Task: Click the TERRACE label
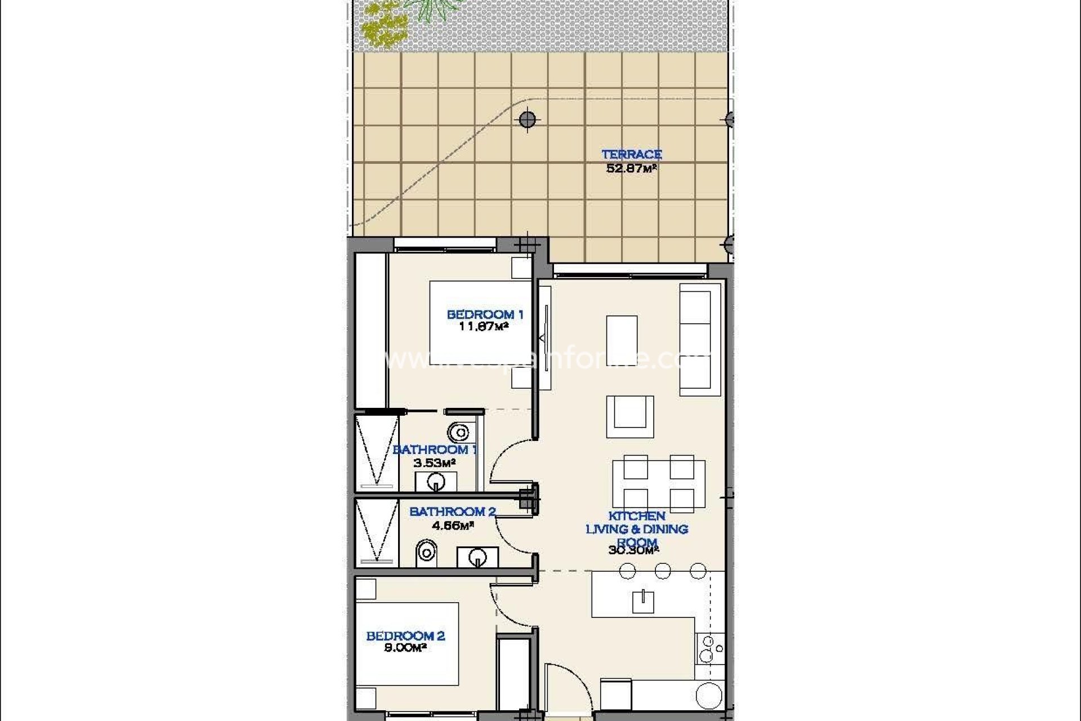[x=631, y=154]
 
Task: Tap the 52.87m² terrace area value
[x=631, y=168]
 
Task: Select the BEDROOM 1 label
[x=485, y=314]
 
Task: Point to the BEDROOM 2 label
[x=405, y=636]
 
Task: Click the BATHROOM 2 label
[x=452, y=511]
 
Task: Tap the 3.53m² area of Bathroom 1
[x=434, y=463]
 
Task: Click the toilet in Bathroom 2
[x=426, y=553]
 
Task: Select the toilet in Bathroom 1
[x=458, y=433]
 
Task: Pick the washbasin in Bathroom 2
[x=477, y=557]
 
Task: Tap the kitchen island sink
[x=642, y=601]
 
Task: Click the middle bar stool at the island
[x=663, y=571]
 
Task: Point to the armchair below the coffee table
[x=630, y=416]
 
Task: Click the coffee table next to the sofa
[x=622, y=340]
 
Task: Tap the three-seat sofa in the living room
[x=700, y=340]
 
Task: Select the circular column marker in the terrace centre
[x=527, y=119]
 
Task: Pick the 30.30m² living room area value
[x=633, y=550]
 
